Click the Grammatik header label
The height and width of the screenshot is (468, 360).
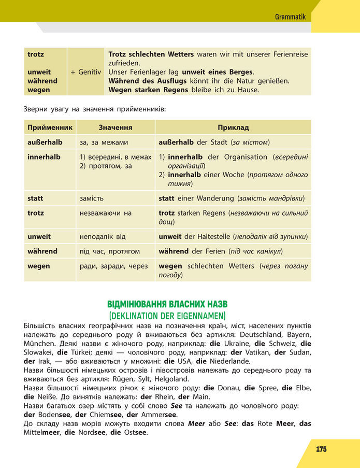pos(291,17)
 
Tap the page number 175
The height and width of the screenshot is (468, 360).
pos(321,449)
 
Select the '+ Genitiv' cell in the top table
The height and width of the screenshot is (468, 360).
pos(86,72)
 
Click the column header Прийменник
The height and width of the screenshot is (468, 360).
pos(50,127)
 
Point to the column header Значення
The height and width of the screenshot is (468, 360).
pos(115,127)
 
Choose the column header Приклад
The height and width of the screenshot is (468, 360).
pos(233,127)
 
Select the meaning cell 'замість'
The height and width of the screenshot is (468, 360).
pos(92,198)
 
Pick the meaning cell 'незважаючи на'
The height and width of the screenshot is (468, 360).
pos(106,213)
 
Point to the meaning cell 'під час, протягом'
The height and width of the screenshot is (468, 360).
pos(109,251)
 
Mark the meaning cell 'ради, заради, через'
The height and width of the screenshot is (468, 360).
pos(113,266)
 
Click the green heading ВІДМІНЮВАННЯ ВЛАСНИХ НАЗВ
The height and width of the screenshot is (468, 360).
pos(167,304)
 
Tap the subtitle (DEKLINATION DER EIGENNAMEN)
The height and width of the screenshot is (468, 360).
pos(167,315)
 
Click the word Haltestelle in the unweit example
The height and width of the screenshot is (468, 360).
pos(211,237)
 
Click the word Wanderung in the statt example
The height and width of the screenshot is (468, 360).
pos(213,198)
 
